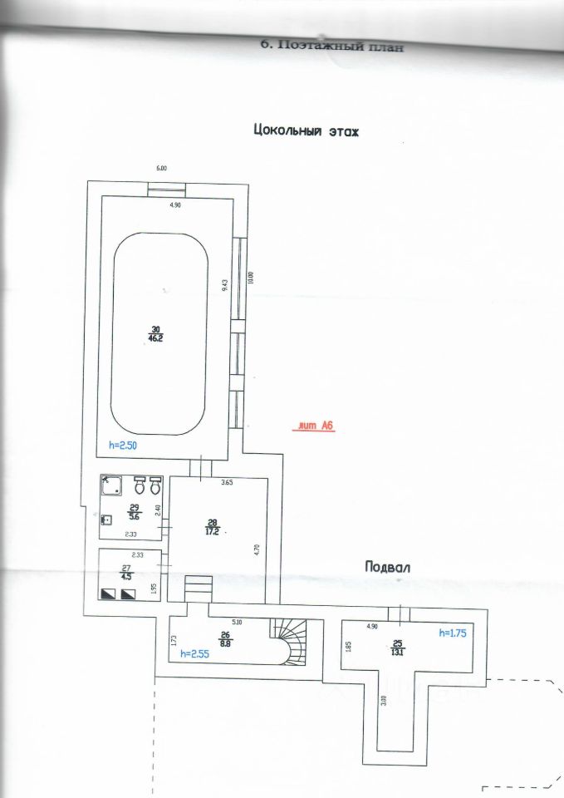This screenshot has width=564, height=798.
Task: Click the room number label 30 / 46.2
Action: tap(156, 334)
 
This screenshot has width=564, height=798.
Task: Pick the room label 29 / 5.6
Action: tap(134, 510)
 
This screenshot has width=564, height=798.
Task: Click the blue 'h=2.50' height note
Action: tap(122, 446)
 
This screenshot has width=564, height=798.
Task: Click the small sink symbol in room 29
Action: tap(106, 520)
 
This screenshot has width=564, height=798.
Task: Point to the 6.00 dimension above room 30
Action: tap(162, 169)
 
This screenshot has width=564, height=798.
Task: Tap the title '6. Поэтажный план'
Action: tap(332, 47)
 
